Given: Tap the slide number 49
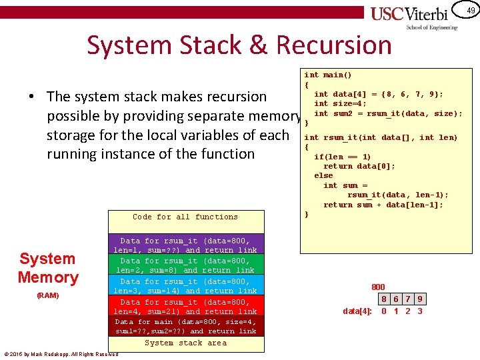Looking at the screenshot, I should pyautogui.click(x=471, y=11).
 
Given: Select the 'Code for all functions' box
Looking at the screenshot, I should pyautogui.click(x=185, y=217).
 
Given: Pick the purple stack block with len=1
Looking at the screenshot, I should pyautogui.click(x=185, y=245).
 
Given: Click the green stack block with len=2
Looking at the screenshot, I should pyautogui.click(x=185, y=265).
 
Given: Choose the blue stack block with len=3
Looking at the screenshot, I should pyautogui.click(x=185, y=286).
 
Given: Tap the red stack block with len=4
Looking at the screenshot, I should pyautogui.click(x=185, y=307).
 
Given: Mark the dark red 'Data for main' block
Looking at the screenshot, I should pyautogui.click(x=185, y=326).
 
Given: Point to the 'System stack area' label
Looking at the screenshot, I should pyautogui.click(x=185, y=343).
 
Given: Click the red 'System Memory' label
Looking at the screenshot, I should pyautogui.click(x=48, y=268).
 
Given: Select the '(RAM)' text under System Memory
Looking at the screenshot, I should pyautogui.click(x=48, y=295).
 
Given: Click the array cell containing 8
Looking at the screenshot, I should pyautogui.click(x=385, y=300).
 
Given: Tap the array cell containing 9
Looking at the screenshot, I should pyautogui.click(x=420, y=300).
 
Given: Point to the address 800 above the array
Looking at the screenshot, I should pyautogui.click(x=378, y=287).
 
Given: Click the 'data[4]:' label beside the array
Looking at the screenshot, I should pyautogui.click(x=357, y=311).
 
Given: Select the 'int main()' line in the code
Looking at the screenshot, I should pyautogui.click(x=328, y=75).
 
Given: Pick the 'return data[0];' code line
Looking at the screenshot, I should pyautogui.click(x=359, y=166).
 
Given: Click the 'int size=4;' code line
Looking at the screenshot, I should pyautogui.click(x=340, y=103).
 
